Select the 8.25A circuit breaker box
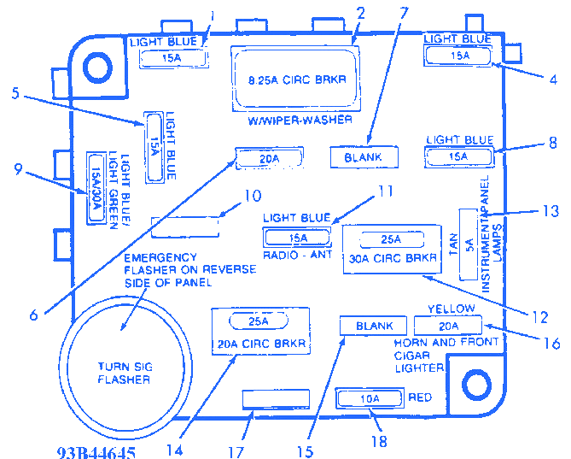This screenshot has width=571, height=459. (x=295, y=79)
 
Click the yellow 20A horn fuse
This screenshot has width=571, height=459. (x=448, y=326)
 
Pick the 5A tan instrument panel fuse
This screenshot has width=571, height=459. (x=469, y=244)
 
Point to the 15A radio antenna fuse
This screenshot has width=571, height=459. (x=298, y=238)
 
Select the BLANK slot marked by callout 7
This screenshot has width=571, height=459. (x=364, y=157)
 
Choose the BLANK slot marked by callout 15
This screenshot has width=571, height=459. (x=374, y=326)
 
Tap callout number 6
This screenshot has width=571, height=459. (x=34, y=315)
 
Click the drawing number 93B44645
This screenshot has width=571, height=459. (x=96, y=452)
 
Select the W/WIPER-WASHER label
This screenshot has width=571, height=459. (x=294, y=121)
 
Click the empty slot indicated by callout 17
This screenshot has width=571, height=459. (x=276, y=399)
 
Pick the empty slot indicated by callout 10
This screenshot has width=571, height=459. (x=184, y=227)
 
